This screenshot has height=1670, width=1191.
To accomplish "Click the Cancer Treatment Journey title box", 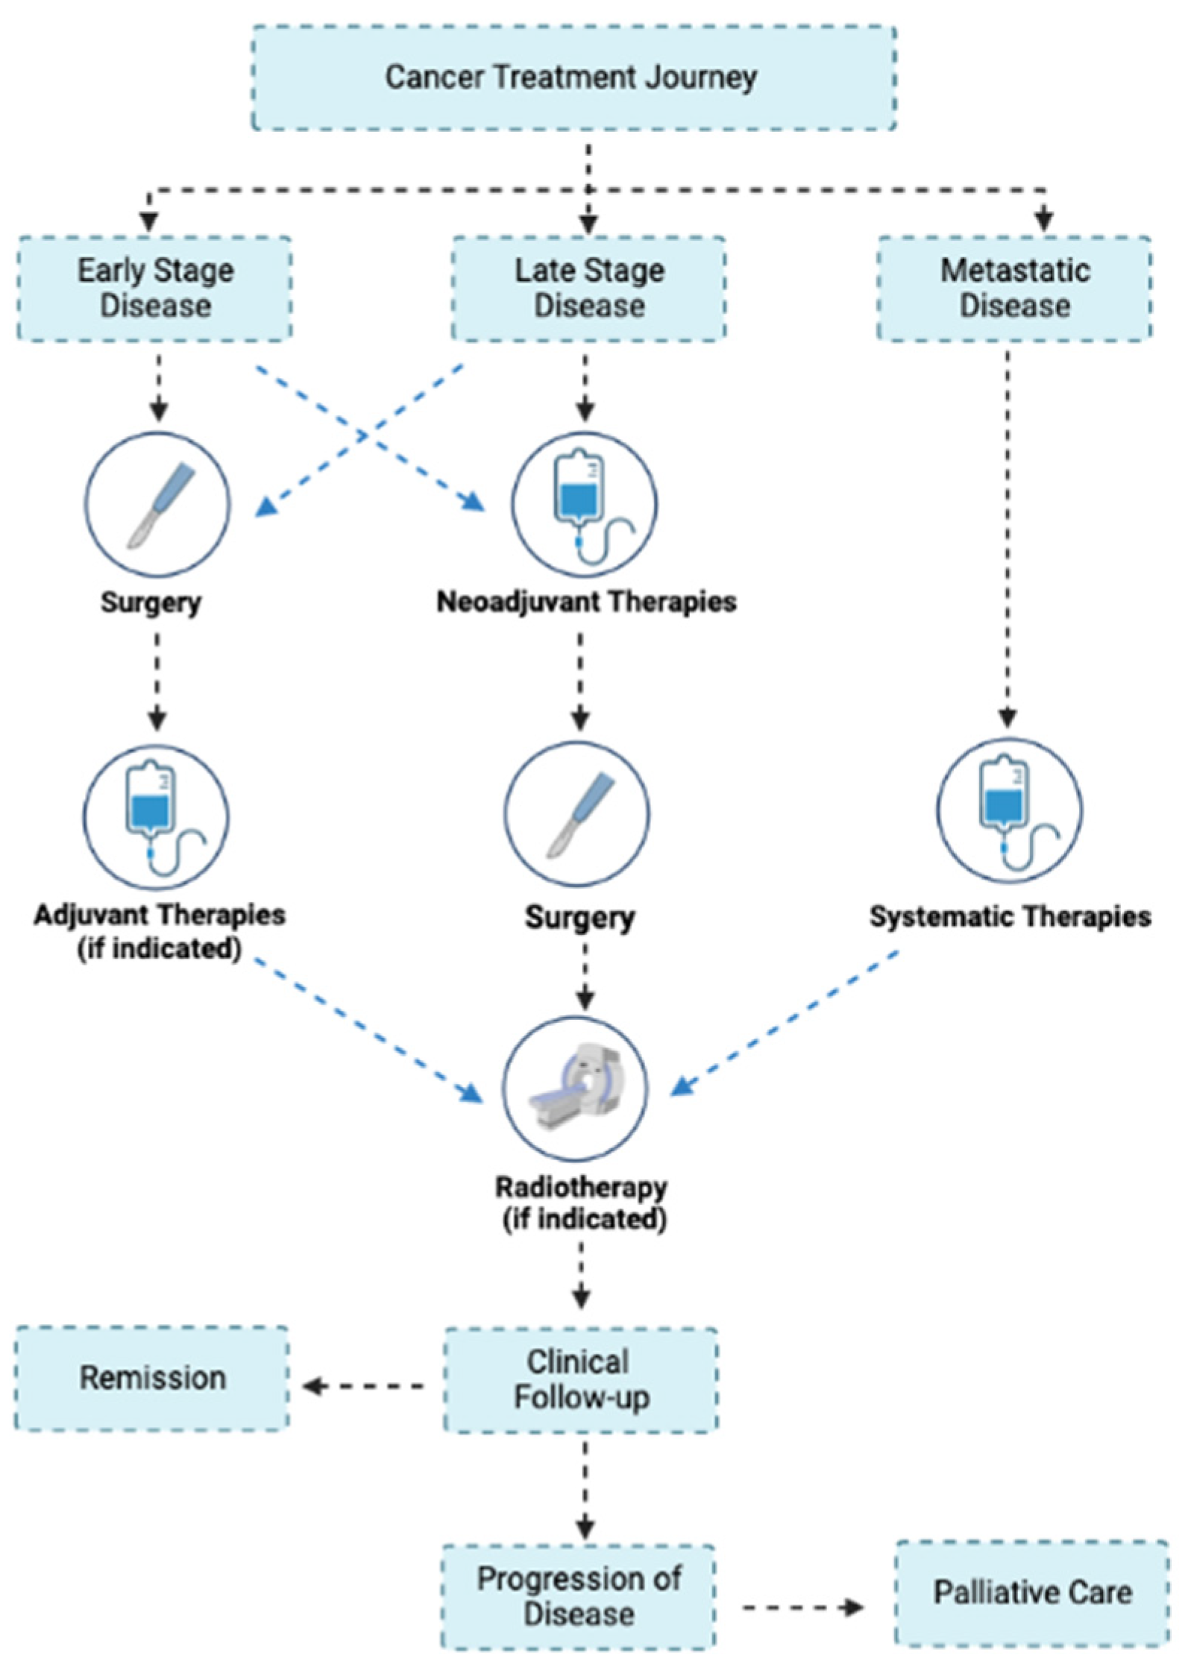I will [x=573, y=78].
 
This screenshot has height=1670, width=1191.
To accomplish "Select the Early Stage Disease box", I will [x=154, y=289].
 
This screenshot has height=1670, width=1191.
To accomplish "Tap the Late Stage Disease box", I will [x=588, y=289].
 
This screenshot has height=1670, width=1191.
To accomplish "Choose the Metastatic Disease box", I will [x=1014, y=289].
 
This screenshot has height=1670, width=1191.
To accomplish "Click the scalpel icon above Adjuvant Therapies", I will [x=157, y=505].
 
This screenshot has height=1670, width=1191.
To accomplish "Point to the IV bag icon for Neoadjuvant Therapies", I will [x=584, y=505].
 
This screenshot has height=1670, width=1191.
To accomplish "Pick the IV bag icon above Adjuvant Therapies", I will [x=156, y=817].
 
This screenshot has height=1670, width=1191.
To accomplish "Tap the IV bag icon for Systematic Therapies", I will [x=1009, y=811].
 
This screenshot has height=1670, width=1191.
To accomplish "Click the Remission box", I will [x=152, y=1378].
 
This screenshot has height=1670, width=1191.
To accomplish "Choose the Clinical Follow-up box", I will [x=581, y=1380].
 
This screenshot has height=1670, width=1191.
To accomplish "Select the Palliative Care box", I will [x=1031, y=1592].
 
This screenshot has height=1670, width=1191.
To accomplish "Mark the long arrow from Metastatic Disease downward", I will [x=1008, y=537].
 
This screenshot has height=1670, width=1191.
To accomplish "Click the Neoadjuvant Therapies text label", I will [x=586, y=602].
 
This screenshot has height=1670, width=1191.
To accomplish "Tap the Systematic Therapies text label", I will [x=1010, y=916].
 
